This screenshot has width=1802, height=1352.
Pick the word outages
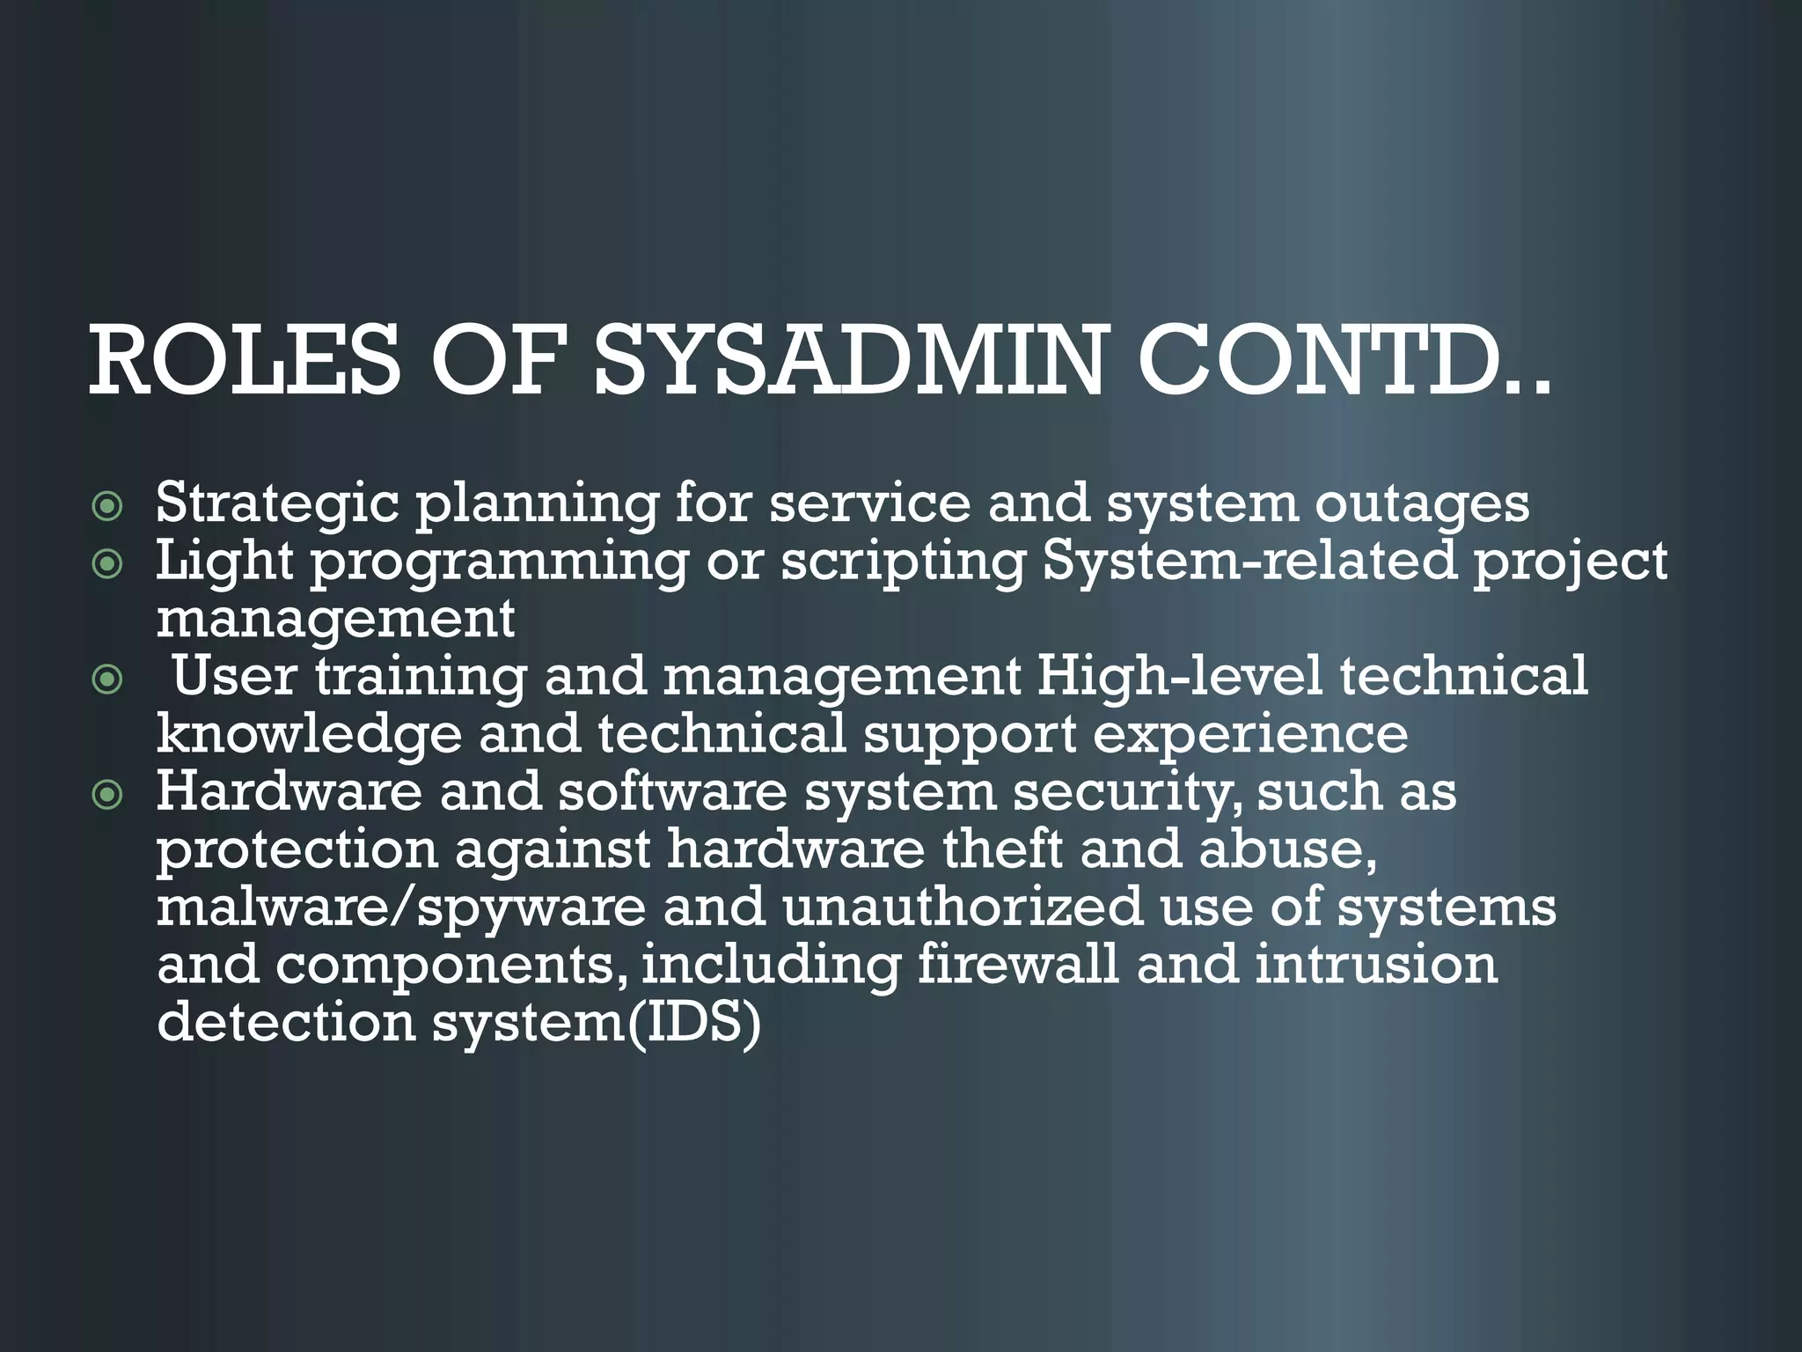click(1422, 503)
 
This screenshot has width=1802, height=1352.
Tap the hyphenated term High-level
click(1179, 676)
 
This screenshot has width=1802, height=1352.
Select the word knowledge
click(309, 735)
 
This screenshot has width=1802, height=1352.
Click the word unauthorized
click(963, 907)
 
